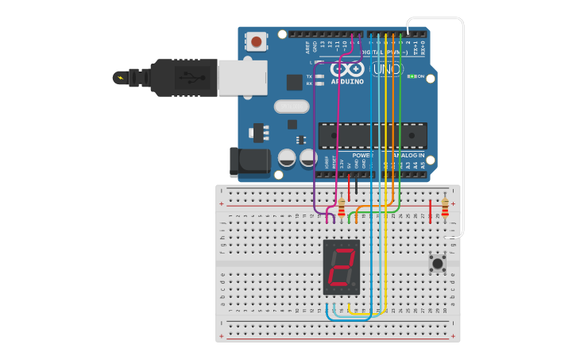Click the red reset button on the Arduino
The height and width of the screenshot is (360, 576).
[256, 41]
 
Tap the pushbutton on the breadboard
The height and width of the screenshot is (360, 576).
[437, 263]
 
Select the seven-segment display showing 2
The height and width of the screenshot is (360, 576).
[342, 267]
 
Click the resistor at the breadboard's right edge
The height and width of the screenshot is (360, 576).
[445, 207]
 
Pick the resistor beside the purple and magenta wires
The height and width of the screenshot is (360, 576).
[342, 208]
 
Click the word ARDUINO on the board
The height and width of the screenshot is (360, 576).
[348, 81]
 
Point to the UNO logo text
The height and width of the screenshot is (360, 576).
[388, 70]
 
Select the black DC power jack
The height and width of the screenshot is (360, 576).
[249, 161]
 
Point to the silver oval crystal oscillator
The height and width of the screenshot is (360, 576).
[291, 106]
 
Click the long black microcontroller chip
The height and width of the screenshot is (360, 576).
[372, 136]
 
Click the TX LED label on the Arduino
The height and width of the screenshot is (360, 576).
[309, 76]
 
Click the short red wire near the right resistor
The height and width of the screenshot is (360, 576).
[430, 211]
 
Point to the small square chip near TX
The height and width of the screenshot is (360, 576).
[294, 81]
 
